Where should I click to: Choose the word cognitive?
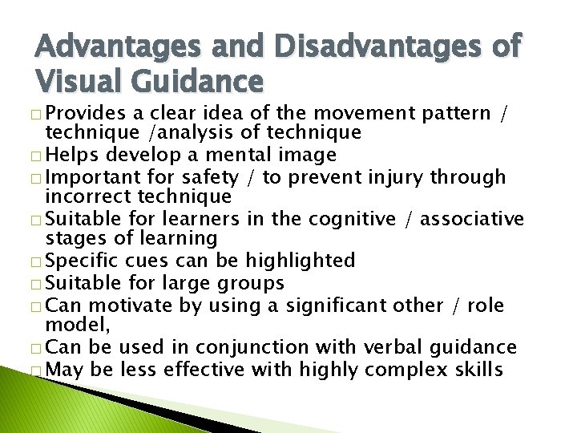coord(358,218)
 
